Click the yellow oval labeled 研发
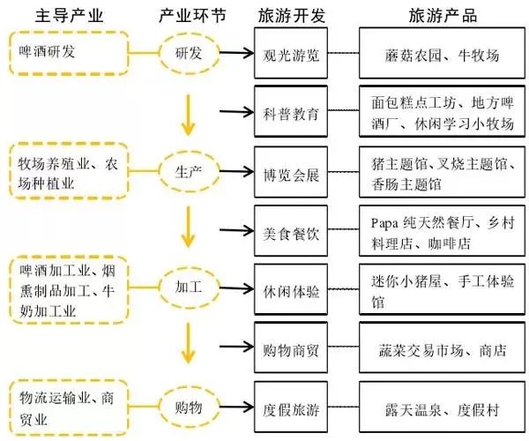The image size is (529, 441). (x=187, y=54)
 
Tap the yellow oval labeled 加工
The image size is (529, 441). (x=187, y=287)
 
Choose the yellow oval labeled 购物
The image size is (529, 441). (x=187, y=407)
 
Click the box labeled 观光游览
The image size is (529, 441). (x=290, y=55)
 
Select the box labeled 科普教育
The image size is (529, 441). (x=290, y=113)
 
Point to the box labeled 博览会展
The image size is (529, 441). (x=290, y=173)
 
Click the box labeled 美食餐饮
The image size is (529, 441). (x=290, y=232)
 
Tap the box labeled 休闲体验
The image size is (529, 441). (x=290, y=290)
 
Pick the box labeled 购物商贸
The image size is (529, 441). (x=290, y=350)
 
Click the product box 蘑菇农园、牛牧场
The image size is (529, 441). (x=443, y=55)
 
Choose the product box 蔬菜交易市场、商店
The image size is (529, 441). (x=443, y=350)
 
